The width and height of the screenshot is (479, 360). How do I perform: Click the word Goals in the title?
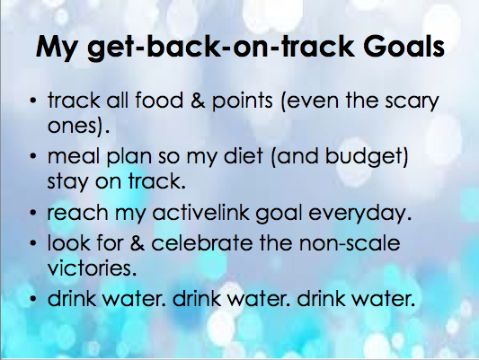404,47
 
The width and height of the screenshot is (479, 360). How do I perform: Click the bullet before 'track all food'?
33,101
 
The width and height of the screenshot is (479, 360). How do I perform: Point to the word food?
159,100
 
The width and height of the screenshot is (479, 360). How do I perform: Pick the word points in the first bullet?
243,101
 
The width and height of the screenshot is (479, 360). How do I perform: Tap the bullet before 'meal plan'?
33,156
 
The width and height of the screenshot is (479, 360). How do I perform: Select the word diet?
244,155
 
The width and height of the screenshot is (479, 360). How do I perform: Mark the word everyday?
359,214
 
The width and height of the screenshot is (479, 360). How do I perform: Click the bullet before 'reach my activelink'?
33,213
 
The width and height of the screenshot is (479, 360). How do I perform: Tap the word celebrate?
202,243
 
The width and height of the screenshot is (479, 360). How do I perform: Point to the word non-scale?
350,243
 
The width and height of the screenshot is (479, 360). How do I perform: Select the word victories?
92,268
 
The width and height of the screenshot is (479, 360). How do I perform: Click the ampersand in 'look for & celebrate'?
137,243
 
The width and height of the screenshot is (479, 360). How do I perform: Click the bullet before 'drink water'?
33,299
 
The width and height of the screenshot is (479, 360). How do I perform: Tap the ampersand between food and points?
198,100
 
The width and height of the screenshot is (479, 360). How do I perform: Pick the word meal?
74,155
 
